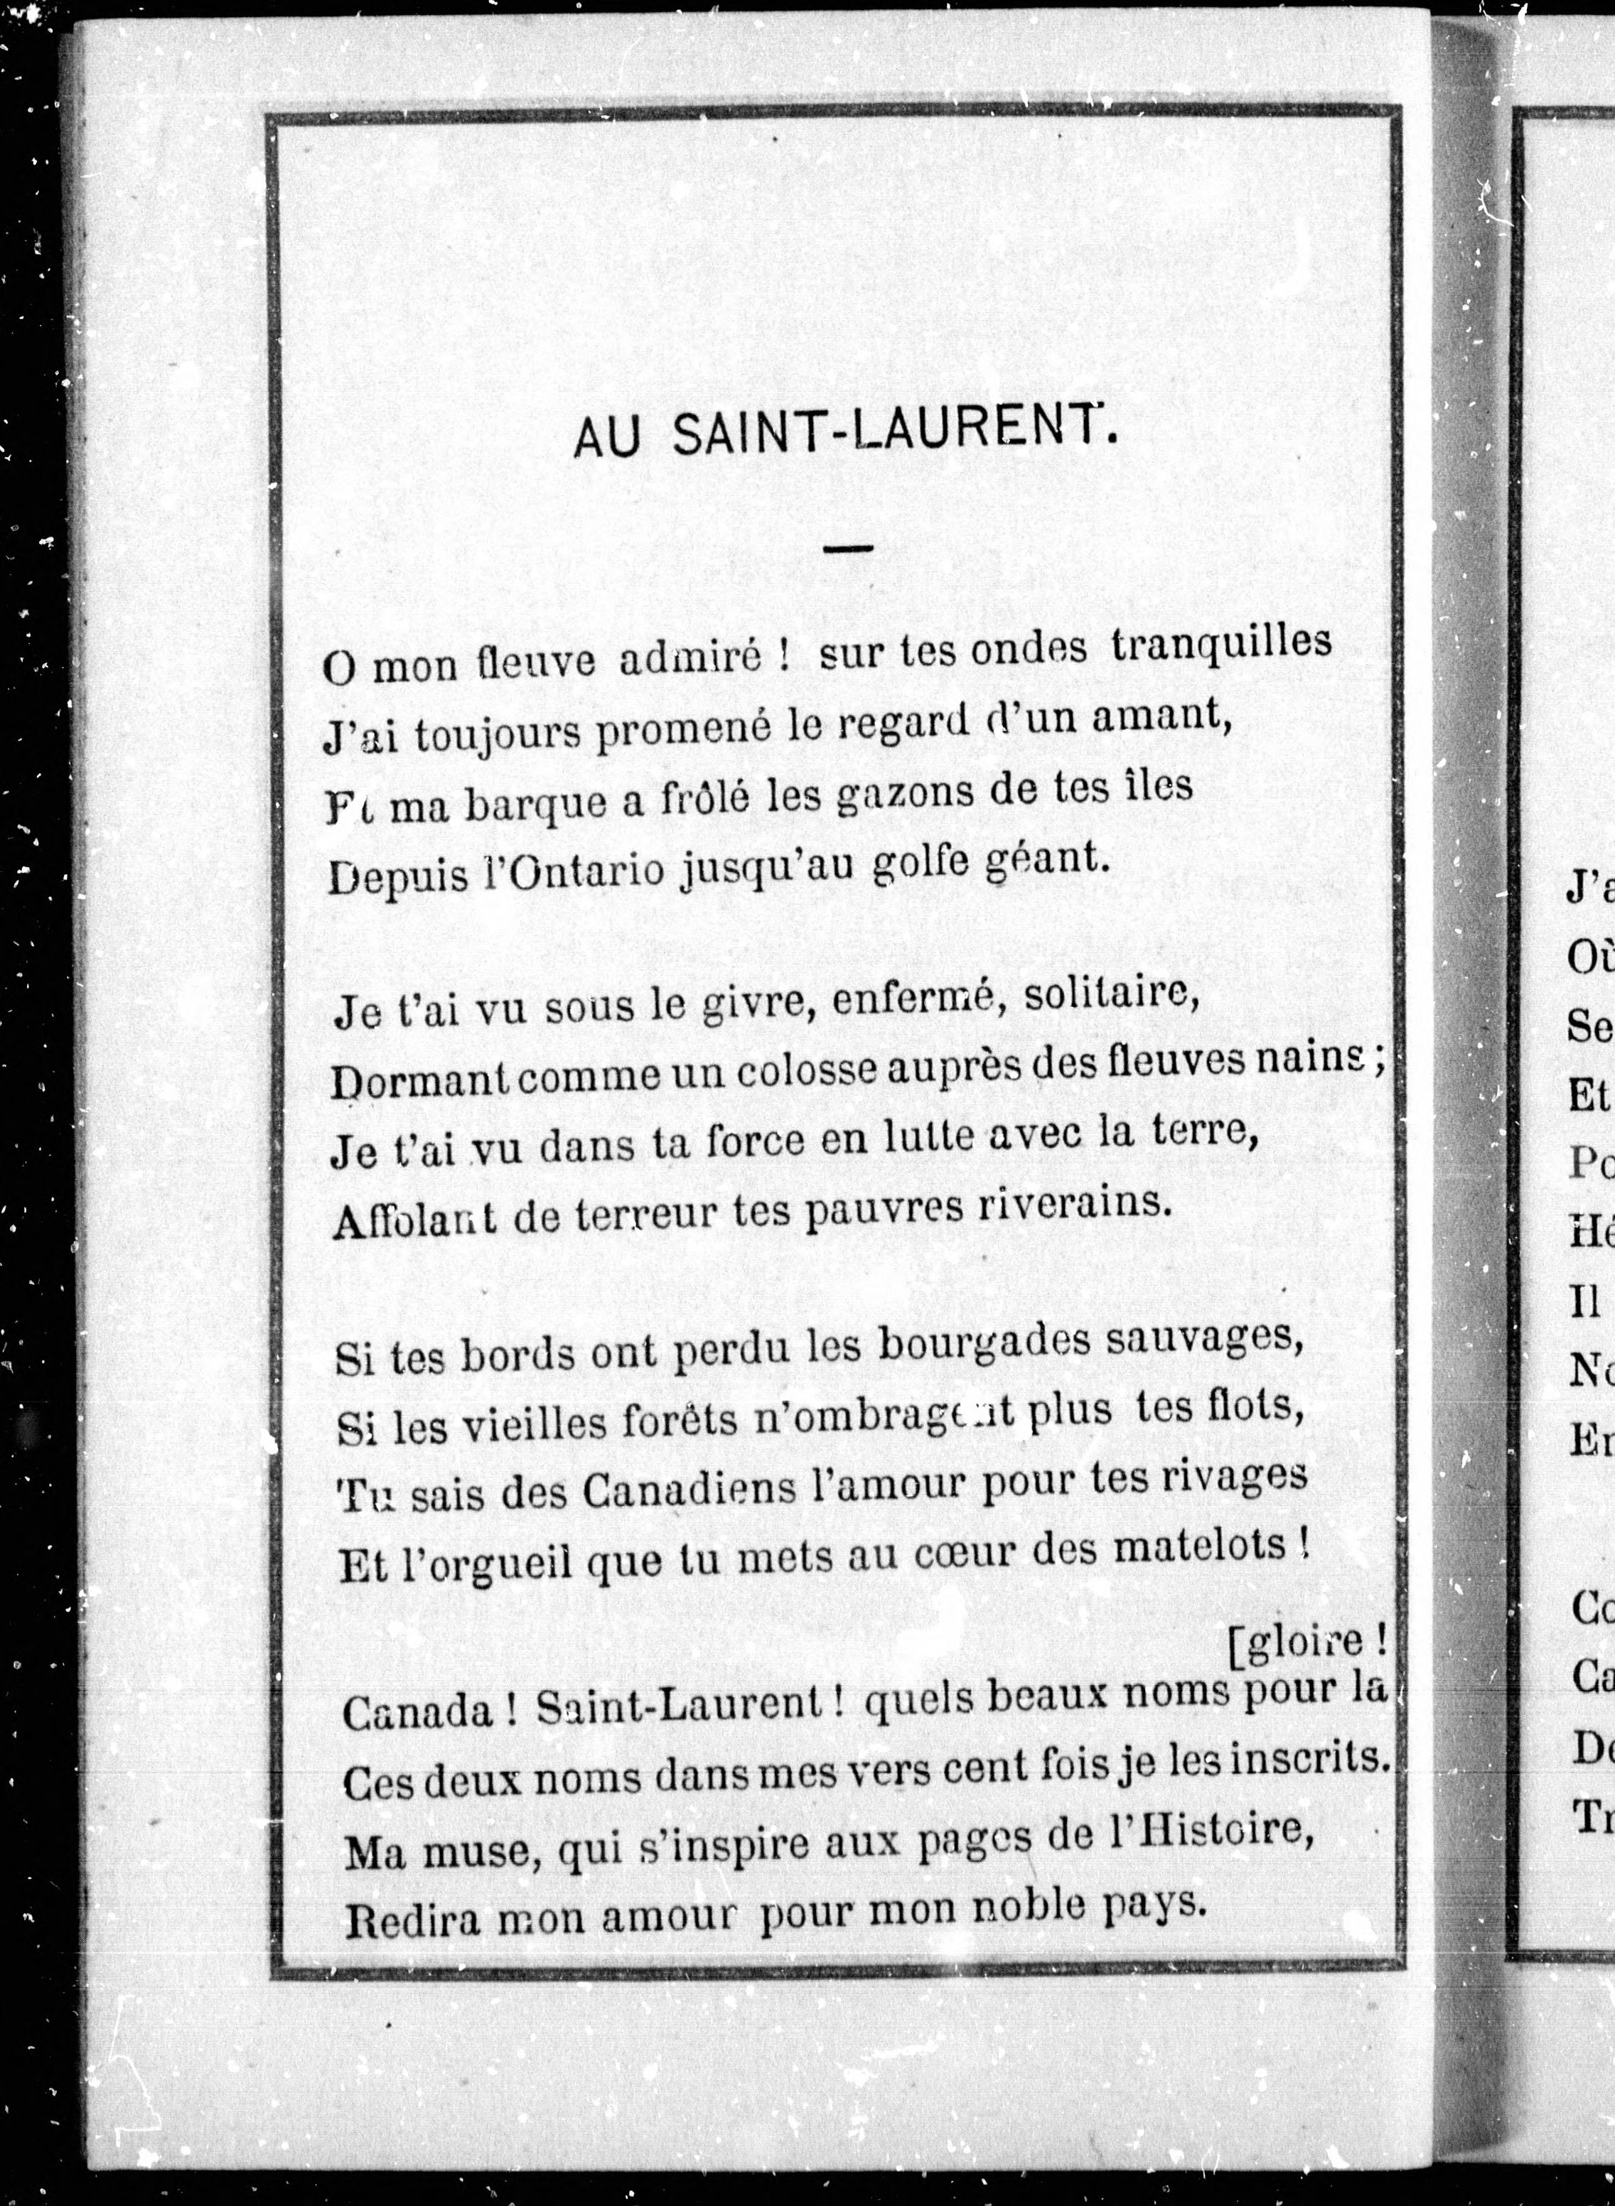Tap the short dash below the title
tap(847, 549)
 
